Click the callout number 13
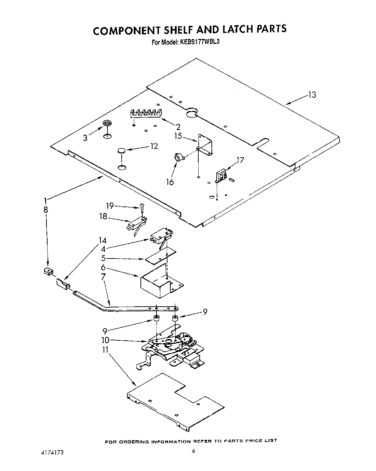(312, 95)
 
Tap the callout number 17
(240, 160)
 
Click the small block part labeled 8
(47, 272)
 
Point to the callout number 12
(154, 146)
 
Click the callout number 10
(105, 340)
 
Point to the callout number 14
(103, 241)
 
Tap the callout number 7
(103, 276)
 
